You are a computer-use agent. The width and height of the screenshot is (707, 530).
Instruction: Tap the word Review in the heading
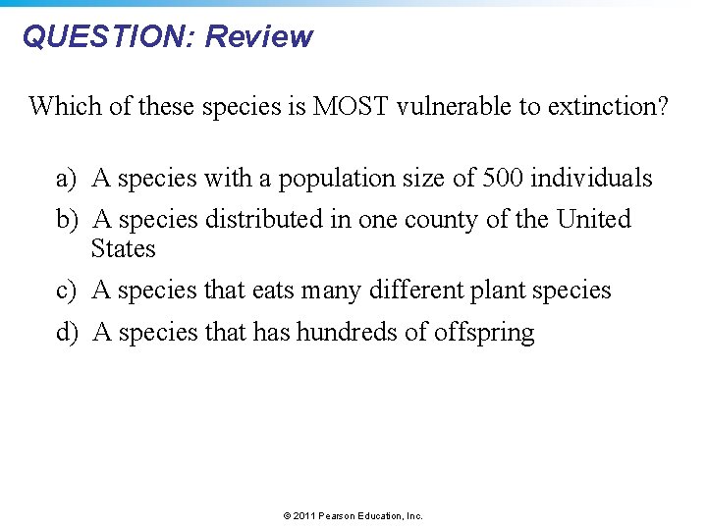click(259, 37)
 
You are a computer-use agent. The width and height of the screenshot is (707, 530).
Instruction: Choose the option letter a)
click(67, 179)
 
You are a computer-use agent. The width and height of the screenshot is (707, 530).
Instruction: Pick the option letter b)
click(67, 219)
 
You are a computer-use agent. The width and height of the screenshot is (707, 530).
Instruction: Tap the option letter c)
click(67, 291)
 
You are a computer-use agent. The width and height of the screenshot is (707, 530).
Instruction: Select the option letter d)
click(67, 333)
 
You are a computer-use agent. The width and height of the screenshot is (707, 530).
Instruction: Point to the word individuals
click(594, 179)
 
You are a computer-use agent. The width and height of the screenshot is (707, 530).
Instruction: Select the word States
click(123, 248)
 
